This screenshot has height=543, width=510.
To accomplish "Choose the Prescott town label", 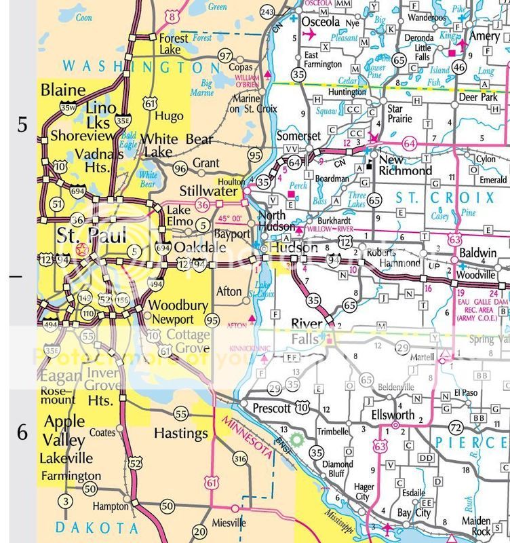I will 271,408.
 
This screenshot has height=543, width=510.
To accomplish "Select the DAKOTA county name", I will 97,527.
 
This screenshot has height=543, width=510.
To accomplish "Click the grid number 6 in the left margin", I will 22,432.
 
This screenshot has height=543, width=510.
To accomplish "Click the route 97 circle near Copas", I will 226,54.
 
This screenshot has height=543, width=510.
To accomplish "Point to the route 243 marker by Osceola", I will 267,12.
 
